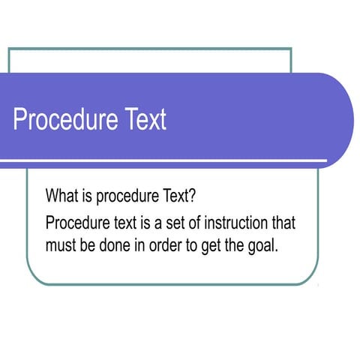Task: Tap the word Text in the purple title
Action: click(142, 120)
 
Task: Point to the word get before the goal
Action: click(212, 245)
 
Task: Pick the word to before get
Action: click(193, 244)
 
